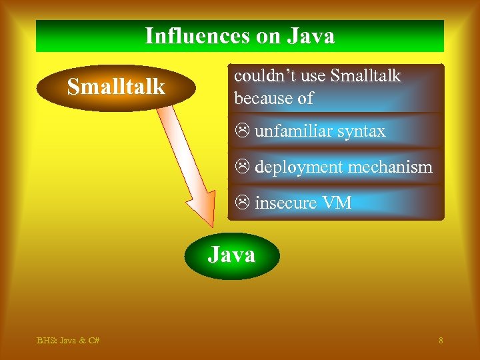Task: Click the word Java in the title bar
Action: [311, 35]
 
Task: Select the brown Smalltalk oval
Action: [116, 87]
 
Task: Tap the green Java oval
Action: [231, 255]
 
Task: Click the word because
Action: [263, 98]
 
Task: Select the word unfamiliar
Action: [293, 131]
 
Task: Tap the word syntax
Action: [361, 132]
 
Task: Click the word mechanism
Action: [391, 167]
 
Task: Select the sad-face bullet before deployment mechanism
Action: [243, 167]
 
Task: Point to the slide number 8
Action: [441, 341]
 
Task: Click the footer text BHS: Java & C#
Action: [68, 341]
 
